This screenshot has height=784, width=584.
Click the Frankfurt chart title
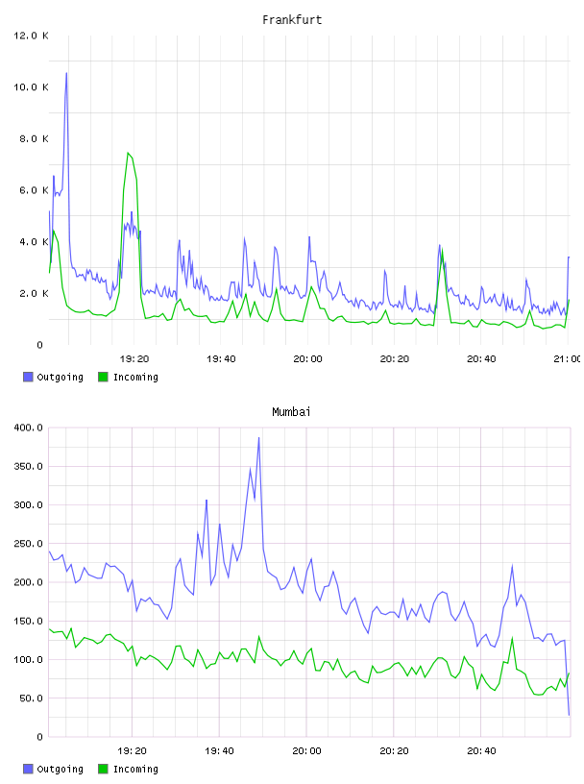pyautogui.click(x=292, y=20)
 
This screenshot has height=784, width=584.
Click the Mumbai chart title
pyautogui.click(x=291, y=412)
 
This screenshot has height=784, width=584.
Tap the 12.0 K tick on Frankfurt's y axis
pyautogui.click(x=31, y=36)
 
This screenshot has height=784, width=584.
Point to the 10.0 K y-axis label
pyautogui.click(x=31, y=87)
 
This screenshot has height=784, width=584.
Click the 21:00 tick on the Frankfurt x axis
pyautogui.click(x=568, y=358)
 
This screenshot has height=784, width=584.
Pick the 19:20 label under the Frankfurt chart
pyautogui.click(x=134, y=358)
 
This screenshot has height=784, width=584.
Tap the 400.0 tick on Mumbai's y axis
pyautogui.click(x=29, y=428)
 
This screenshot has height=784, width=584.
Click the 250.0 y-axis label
pyautogui.click(x=29, y=544)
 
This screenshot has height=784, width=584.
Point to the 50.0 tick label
pyautogui.click(x=31, y=698)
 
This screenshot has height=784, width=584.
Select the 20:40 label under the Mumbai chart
pyautogui.click(x=481, y=750)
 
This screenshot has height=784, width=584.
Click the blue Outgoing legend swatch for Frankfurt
pyautogui.click(x=28, y=377)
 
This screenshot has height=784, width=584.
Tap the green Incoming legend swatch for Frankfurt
pyautogui.click(x=103, y=377)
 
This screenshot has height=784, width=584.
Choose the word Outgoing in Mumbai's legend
pyautogui.click(x=60, y=769)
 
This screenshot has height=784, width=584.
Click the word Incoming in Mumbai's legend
pyautogui.click(x=135, y=769)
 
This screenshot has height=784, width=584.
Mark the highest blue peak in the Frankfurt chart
pyautogui.click(x=66, y=73)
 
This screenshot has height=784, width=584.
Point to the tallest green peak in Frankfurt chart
pyautogui.click(x=128, y=153)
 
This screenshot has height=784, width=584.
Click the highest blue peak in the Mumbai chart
pyautogui.click(x=258, y=438)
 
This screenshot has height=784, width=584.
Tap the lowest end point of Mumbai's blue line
pyautogui.click(x=569, y=715)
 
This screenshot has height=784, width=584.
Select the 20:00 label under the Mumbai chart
pyautogui.click(x=307, y=750)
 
